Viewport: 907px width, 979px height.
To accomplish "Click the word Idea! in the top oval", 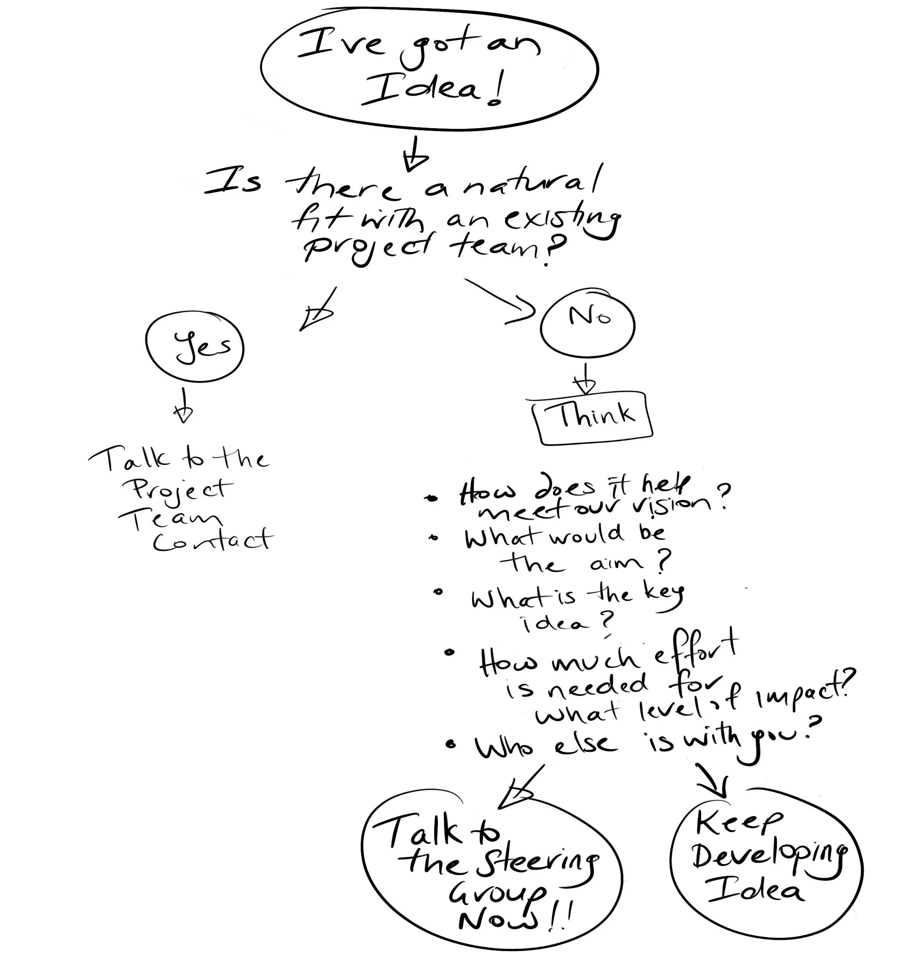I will click(x=432, y=91).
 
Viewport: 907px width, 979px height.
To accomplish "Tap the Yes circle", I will click(x=195, y=348).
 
